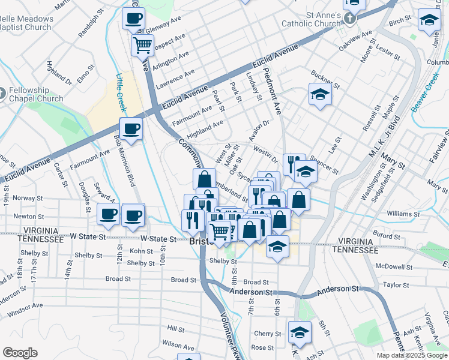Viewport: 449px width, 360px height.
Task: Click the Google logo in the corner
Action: pyautogui.click(x=20, y=353)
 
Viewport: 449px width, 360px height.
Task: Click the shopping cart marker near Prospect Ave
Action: pyautogui.click(x=143, y=45)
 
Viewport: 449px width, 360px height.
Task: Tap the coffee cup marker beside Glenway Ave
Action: pyautogui.click(x=133, y=18)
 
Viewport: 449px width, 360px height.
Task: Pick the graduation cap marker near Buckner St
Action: pyautogui.click(x=320, y=95)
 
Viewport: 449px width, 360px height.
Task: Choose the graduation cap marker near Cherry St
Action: pyautogui.click(x=300, y=332)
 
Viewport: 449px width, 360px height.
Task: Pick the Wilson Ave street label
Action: pyautogui.click(x=178, y=347)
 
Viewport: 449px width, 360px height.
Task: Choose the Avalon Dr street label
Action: pyautogui.click(x=259, y=127)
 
